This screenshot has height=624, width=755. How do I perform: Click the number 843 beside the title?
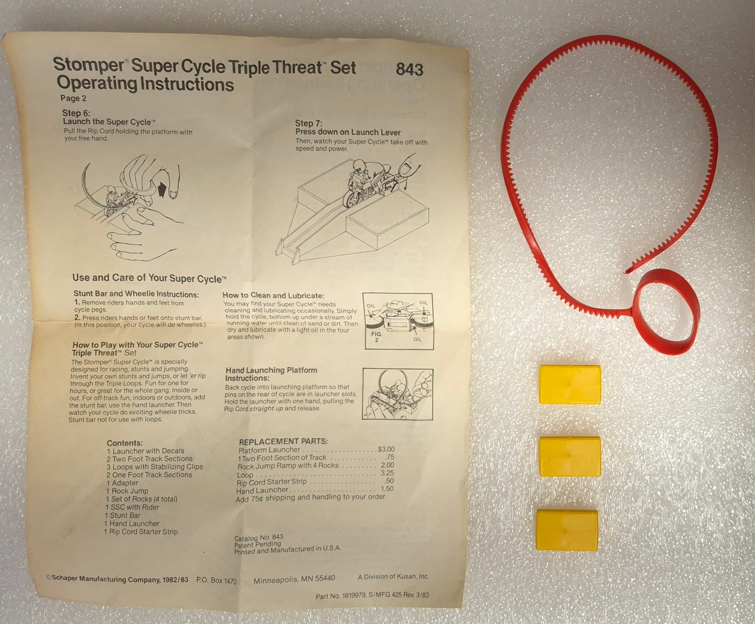[409, 69]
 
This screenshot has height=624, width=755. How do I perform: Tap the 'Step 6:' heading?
[76, 113]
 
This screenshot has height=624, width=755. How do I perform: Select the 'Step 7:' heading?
[308, 123]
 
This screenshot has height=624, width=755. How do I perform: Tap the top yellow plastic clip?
[570, 384]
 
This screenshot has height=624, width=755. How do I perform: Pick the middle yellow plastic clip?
[570, 456]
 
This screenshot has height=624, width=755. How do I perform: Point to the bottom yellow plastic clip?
[567, 530]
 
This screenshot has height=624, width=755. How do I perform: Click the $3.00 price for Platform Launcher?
[386, 449]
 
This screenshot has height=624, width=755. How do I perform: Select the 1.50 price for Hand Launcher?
[387, 488]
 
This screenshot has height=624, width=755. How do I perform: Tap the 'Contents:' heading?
[124, 443]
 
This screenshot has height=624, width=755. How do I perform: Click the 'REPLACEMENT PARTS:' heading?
[283, 441]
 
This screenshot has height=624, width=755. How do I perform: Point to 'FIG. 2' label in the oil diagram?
[377, 336]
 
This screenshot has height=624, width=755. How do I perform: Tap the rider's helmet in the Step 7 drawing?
[359, 166]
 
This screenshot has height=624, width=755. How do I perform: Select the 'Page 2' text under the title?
[73, 98]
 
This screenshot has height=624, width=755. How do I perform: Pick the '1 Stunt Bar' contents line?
[123, 515]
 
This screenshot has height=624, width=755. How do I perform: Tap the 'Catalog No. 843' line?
[258, 537]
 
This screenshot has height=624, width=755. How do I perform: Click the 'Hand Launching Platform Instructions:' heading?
[271, 374]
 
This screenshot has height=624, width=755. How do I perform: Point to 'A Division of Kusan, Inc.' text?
[394, 577]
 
